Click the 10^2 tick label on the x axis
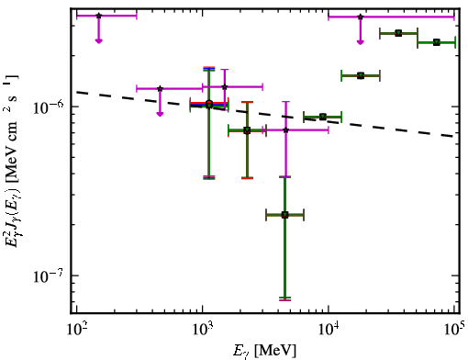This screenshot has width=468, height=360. tap(76, 330)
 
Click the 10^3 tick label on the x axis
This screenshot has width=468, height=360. tap(202, 330)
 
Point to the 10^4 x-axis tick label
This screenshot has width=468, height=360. tap(329, 330)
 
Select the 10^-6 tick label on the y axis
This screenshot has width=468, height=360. tap(49, 107)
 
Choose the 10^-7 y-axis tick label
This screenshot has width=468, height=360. tap(49, 276)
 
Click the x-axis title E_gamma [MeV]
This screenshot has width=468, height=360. tap(264, 351)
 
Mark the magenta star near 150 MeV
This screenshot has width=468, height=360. tap(98, 16)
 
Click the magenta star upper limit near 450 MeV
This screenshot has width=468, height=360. tap(160, 89)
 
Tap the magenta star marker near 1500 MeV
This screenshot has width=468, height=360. tap(225, 87)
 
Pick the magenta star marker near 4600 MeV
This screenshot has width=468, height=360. tap(285, 130)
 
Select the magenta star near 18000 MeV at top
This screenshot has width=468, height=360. tap(361, 17)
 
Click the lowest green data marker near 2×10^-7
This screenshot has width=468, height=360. tap(284, 215)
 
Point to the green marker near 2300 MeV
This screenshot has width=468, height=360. tap(247, 130)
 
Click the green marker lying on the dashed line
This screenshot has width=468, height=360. tap(323, 117)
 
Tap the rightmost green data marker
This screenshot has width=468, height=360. tap(437, 42)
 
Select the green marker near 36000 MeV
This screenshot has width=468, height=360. tap(398, 33)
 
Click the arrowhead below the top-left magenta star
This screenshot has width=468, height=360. tap(98, 40)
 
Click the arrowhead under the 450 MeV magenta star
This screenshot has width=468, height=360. tap(160, 114)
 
